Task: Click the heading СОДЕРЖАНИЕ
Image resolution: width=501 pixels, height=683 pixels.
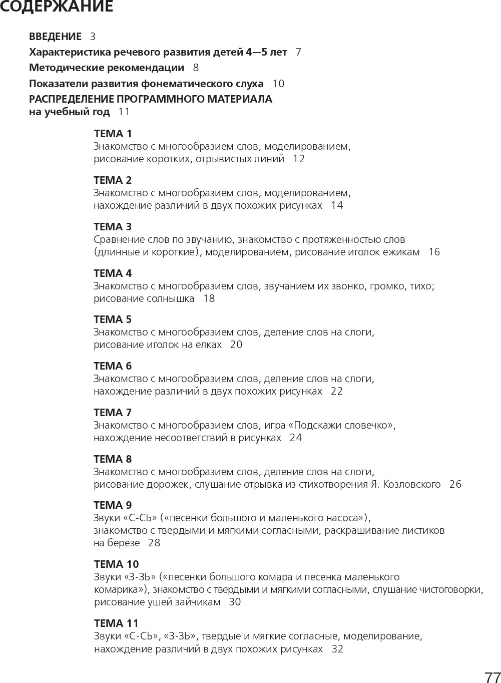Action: tap(56, 7)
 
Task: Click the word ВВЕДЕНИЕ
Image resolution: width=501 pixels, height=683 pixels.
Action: tap(55, 37)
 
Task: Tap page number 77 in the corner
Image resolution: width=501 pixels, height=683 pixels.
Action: tap(492, 677)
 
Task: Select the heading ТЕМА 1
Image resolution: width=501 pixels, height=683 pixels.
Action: tap(113, 134)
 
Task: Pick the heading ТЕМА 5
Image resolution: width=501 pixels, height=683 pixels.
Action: tap(113, 319)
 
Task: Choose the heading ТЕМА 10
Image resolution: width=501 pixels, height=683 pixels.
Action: tap(116, 564)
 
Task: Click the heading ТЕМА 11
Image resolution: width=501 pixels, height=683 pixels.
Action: tap(116, 623)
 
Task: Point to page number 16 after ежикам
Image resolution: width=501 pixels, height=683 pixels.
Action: tap(434, 252)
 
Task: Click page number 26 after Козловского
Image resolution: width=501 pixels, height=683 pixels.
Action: tap(455, 484)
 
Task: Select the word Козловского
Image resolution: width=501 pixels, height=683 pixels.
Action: tap(411, 484)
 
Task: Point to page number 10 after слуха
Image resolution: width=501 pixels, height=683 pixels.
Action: tap(278, 84)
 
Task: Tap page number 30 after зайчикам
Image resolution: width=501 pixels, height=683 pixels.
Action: tap(235, 602)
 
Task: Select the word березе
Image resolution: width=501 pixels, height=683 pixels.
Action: tap(124, 543)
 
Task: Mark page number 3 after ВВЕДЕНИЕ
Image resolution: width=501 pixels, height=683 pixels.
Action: tap(93, 37)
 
